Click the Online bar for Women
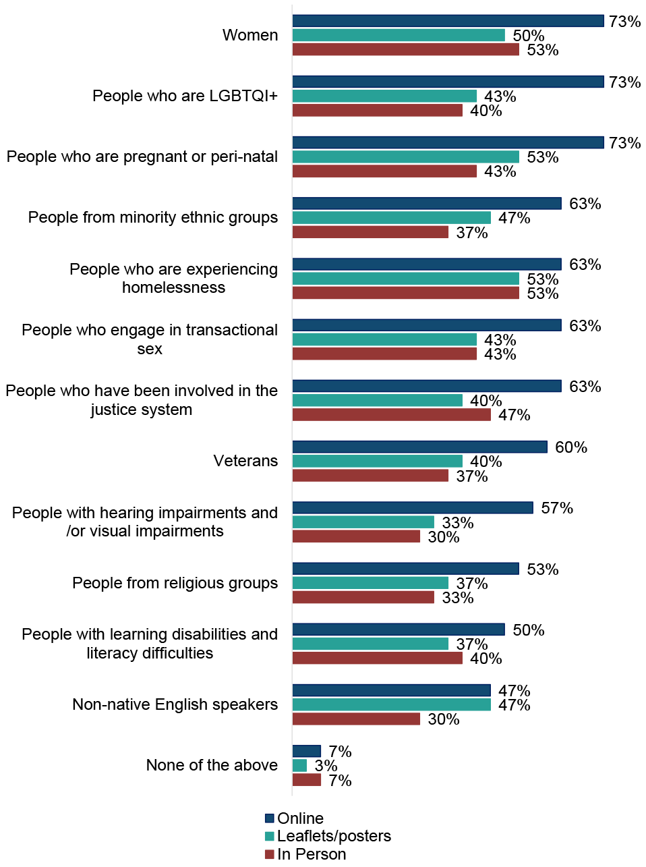[x=448, y=21]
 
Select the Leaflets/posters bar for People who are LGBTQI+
[x=384, y=96]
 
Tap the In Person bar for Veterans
[x=370, y=476]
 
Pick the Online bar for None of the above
[x=307, y=751]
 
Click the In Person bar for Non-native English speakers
[x=356, y=719]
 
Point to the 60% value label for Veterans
[x=570, y=447]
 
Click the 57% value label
[x=556, y=508]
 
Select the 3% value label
[x=326, y=766]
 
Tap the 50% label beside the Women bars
[x=528, y=36]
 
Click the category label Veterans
[x=245, y=461]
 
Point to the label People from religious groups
[x=175, y=583]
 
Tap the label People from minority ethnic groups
[x=153, y=217]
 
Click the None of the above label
[x=212, y=765]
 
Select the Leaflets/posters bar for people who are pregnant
[x=405, y=157]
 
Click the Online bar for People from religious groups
[x=405, y=569]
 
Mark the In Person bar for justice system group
[x=391, y=415]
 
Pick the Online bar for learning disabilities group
[x=399, y=630]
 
